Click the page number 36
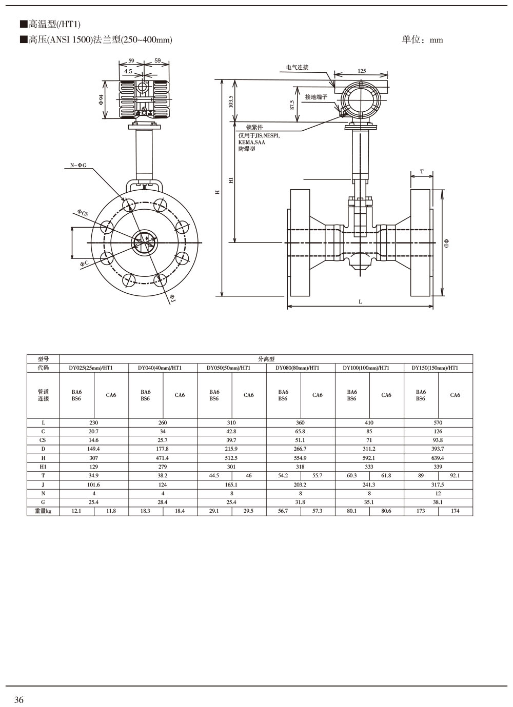click(x=19, y=700)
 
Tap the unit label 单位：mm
click(x=422, y=40)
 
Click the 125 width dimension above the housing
click(x=362, y=71)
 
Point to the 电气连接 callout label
click(x=297, y=67)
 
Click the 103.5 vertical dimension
click(x=231, y=101)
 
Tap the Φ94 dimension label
click(x=101, y=100)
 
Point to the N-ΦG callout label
click(x=78, y=165)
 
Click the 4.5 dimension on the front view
click(x=128, y=71)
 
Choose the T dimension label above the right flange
click(x=422, y=172)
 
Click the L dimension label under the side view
click(x=360, y=302)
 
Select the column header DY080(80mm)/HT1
click(x=300, y=368)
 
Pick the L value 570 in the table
click(x=438, y=423)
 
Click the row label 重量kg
click(x=43, y=511)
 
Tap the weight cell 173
click(x=421, y=511)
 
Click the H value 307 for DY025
click(x=93, y=458)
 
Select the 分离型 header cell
click(x=266, y=359)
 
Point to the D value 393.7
click(x=438, y=449)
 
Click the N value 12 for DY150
click(x=438, y=493)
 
